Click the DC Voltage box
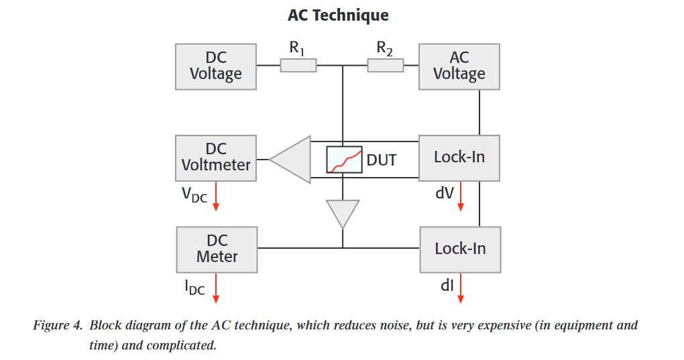click(215, 66)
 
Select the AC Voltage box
click(459, 66)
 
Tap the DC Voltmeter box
click(215, 158)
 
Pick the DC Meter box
click(217, 249)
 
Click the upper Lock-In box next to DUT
click(459, 158)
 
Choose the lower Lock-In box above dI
click(459, 249)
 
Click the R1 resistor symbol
click(298, 66)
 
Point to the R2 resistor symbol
click(385, 66)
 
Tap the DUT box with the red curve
click(344, 160)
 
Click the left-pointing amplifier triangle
click(294, 160)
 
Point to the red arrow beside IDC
click(216, 289)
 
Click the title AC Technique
click(338, 15)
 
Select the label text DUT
click(381, 160)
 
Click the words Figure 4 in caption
click(56, 326)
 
